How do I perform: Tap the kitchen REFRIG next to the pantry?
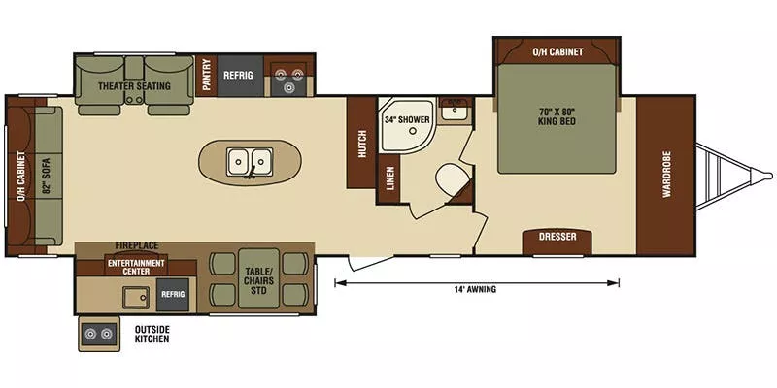(x=238, y=75)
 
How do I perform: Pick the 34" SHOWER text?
(x=404, y=121)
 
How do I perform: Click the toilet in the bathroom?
(x=451, y=180)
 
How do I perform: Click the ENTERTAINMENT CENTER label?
(x=136, y=266)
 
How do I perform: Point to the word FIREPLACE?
(x=136, y=246)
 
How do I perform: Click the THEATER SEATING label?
(x=134, y=86)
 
